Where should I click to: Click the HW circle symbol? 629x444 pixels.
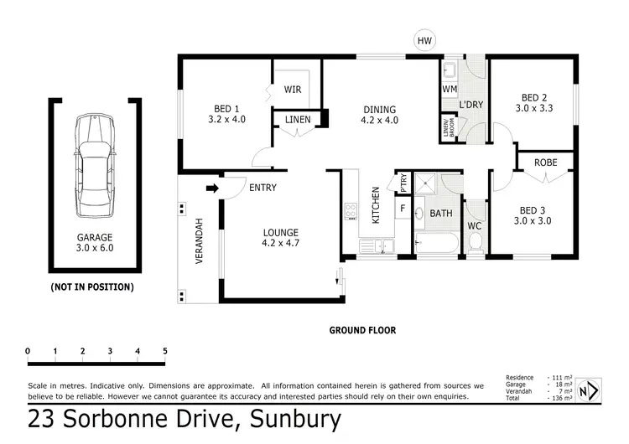425,39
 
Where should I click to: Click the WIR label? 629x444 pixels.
293,90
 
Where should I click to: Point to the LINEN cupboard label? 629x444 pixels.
298,121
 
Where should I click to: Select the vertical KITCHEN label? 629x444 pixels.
376,204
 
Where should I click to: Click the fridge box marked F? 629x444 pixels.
403,208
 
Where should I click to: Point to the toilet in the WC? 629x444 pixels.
476,240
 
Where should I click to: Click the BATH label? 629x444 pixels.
441,214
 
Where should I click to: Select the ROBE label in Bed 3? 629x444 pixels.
546,162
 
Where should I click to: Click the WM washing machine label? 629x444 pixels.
448,88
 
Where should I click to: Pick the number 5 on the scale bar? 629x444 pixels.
164,350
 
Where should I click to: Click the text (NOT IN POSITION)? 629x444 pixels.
92,287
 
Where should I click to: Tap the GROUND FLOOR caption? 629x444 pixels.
361,330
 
